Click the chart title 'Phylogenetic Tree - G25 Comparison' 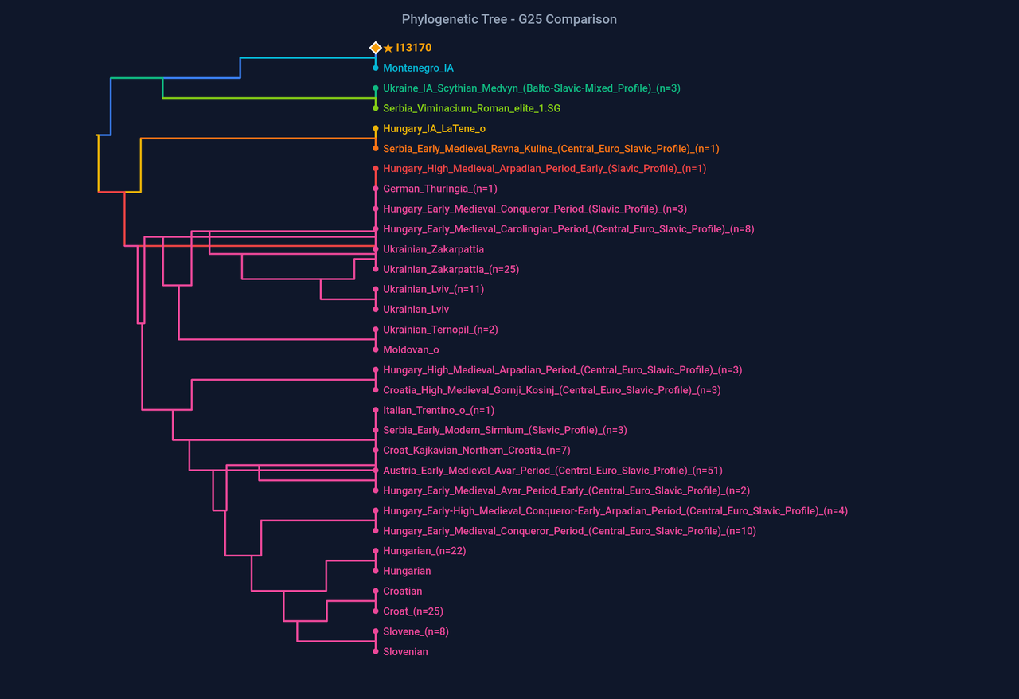[509, 19]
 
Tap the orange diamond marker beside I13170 [376, 48]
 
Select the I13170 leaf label [413, 48]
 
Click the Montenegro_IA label [418, 68]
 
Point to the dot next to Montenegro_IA [376, 68]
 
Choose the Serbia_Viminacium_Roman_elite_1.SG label [471, 108]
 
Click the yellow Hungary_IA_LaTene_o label [434, 129]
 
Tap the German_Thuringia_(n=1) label [439, 189]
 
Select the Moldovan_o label [411, 349]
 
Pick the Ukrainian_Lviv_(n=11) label [433, 289]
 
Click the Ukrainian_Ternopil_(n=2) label [440, 330]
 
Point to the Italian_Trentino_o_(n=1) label [439, 410]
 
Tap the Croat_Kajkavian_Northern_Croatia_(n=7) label [476, 451]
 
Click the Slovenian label [405, 651]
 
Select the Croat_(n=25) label [413, 611]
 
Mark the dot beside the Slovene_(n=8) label [376, 631]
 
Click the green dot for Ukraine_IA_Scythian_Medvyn [376, 88]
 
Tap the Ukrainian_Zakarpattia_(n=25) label [451, 269]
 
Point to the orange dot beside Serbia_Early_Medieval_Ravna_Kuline [376, 149]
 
